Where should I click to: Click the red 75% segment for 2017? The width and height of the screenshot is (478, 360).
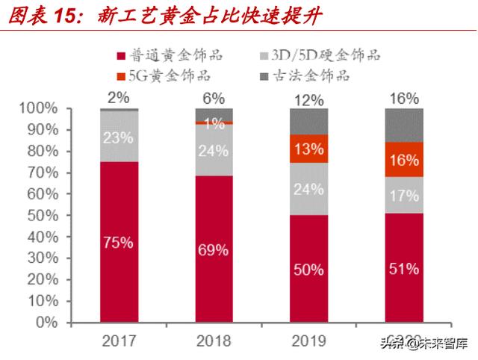click(x=118, y=242)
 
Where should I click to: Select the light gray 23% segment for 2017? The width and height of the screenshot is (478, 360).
click(x=118, y=137)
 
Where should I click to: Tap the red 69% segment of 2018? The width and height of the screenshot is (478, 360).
click(x=214, y=249)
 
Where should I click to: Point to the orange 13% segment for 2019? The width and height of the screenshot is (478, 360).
click(x=308, y=149)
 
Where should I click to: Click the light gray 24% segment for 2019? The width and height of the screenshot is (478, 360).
click(x=308, y=188)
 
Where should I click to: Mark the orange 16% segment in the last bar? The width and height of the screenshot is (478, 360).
click(x=403, y=160)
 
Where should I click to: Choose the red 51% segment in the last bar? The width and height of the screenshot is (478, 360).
click(x=403, y=268)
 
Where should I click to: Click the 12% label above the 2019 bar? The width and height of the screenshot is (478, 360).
click(x=308, y=99)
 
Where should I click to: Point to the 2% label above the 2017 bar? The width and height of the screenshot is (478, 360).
click(x=118, y=97)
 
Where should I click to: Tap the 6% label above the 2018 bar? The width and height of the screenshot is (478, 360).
click(x=214, y=97)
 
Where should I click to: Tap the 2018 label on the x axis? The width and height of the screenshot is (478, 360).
click(x=214, y=342)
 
